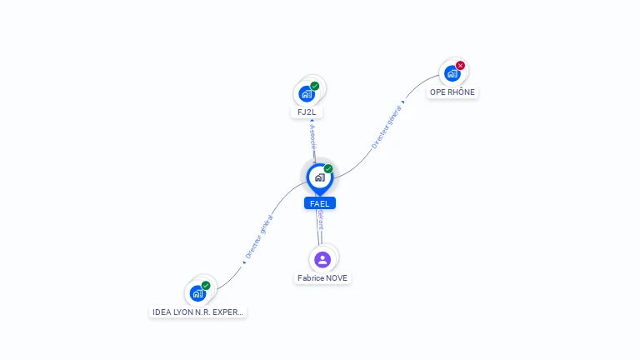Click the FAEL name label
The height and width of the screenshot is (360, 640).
pos(320,203)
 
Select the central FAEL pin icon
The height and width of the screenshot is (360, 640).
pos(320,178)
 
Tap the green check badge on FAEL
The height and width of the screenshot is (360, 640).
pos(328,168)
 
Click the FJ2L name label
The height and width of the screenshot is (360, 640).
pos(307,112)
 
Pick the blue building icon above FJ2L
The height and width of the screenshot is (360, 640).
pos(307,94)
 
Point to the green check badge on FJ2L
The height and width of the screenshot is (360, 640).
pos(315,86)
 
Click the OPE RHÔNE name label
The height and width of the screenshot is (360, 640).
pos(452,92)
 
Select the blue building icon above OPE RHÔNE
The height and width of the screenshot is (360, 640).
pos(452,73)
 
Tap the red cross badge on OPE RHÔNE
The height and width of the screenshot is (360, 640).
pos(460,65)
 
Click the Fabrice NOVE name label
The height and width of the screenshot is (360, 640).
pos(322,278)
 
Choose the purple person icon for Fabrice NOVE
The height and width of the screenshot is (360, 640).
pos(322,260)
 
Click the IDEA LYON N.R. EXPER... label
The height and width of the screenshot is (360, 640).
pos(197,312)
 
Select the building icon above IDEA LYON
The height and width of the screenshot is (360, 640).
pos(198,293)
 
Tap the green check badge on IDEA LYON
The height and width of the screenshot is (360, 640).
pos(206,286)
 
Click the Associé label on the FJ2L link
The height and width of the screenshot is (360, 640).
pos(313,137)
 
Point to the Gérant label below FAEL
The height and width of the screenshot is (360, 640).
pos(321,220)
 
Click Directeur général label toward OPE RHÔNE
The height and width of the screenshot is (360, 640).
pos(386,127)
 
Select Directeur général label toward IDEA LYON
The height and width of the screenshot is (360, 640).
pos(259,237)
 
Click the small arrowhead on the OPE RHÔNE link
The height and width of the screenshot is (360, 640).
pos(403,102)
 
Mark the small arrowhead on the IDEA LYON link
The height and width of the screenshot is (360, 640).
pos(244,262)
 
